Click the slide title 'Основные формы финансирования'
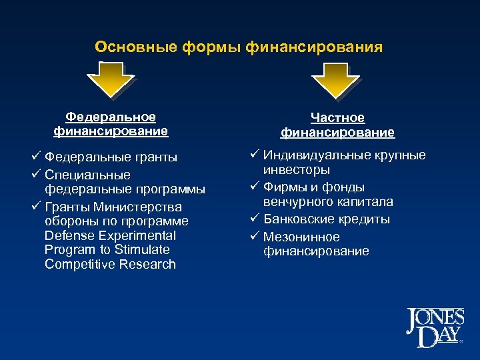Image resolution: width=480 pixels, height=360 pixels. [x=239, y=47]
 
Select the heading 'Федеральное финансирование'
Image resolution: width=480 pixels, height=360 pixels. [x=111, y=124]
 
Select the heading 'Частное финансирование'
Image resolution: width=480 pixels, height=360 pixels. [x=337, y=125]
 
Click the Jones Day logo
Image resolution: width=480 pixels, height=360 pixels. [x=434, y=327]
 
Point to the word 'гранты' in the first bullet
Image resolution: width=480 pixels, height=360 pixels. [x=154, y=158]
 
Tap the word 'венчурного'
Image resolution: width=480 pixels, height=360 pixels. [x=297, y=202]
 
